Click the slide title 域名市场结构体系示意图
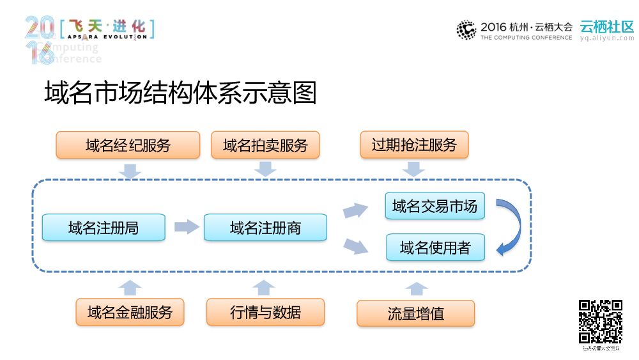tap(181, 94)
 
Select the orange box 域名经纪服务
tap(128, 145)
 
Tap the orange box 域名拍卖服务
tap(265, 145)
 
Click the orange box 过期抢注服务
tap(414, 145)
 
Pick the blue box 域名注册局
tap(104, 227)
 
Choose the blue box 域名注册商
tap(265, 227)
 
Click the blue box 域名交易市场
tap(435, 206)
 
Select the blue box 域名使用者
tap(435, 247)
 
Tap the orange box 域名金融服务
tap(130, 312)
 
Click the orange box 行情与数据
tap(265, 312)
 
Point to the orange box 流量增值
tap(415, 313)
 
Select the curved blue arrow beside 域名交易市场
tap(511, 226)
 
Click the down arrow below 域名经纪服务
tap(130, 170)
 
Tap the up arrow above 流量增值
tap(416, 288)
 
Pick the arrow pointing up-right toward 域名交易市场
tap(355, 210)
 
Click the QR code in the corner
tap(601, 322)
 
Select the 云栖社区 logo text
tap(606, 27)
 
